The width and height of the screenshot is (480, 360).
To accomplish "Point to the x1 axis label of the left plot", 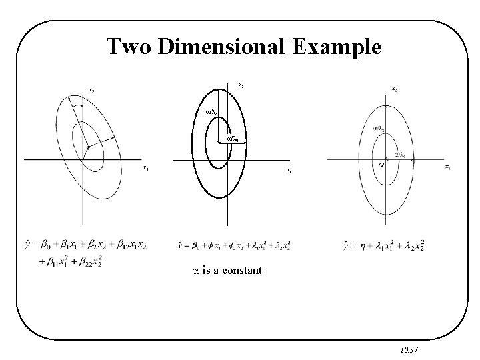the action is click(x=145, y=168).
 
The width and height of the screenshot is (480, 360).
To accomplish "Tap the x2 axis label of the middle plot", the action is click(x=241, y=85).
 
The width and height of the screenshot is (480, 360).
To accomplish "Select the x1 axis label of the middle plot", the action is click(x=288, y=171).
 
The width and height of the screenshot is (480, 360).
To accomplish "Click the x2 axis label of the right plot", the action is click(x=395, y=90).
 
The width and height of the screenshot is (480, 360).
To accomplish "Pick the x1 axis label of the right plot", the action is click(x=447, y=167).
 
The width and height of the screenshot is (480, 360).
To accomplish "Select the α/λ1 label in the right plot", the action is click(x=401, y=155).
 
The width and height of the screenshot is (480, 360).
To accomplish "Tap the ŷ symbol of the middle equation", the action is click(x=181, y=247).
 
